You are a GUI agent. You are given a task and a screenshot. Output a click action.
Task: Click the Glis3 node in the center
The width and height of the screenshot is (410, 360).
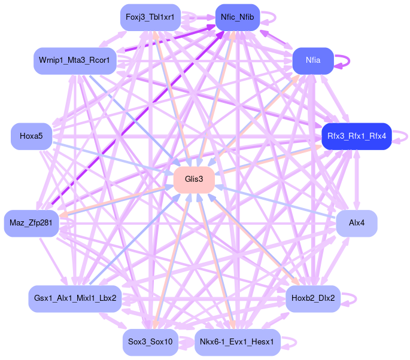coord(194,179)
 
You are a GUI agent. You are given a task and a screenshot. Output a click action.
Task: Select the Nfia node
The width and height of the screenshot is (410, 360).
coord(312,60)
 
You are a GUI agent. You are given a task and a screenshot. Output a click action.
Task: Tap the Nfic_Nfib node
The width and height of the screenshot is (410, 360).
coord(237,17)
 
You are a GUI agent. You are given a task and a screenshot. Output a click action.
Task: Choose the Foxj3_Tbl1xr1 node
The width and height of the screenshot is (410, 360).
coord(150,17)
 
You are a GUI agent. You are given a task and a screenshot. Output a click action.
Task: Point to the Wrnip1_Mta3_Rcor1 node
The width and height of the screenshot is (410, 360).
coord(74,61)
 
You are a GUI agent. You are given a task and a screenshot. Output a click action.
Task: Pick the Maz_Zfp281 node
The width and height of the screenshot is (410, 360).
coord(31,223)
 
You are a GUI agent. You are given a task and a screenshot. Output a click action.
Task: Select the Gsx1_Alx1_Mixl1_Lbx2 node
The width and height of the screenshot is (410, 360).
coord(75,298)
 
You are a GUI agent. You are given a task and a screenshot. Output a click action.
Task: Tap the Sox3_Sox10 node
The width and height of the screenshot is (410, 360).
coord(150,342)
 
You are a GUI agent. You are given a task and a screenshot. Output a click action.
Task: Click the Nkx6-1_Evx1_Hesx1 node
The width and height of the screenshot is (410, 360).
coord(237,342)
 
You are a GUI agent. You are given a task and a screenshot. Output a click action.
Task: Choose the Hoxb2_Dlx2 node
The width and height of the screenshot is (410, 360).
coord(313,298)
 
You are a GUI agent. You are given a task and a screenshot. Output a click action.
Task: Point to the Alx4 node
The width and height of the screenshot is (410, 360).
coord(357,223)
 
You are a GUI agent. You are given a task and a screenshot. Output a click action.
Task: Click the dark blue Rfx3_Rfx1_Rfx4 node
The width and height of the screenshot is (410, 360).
coord(357,136)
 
